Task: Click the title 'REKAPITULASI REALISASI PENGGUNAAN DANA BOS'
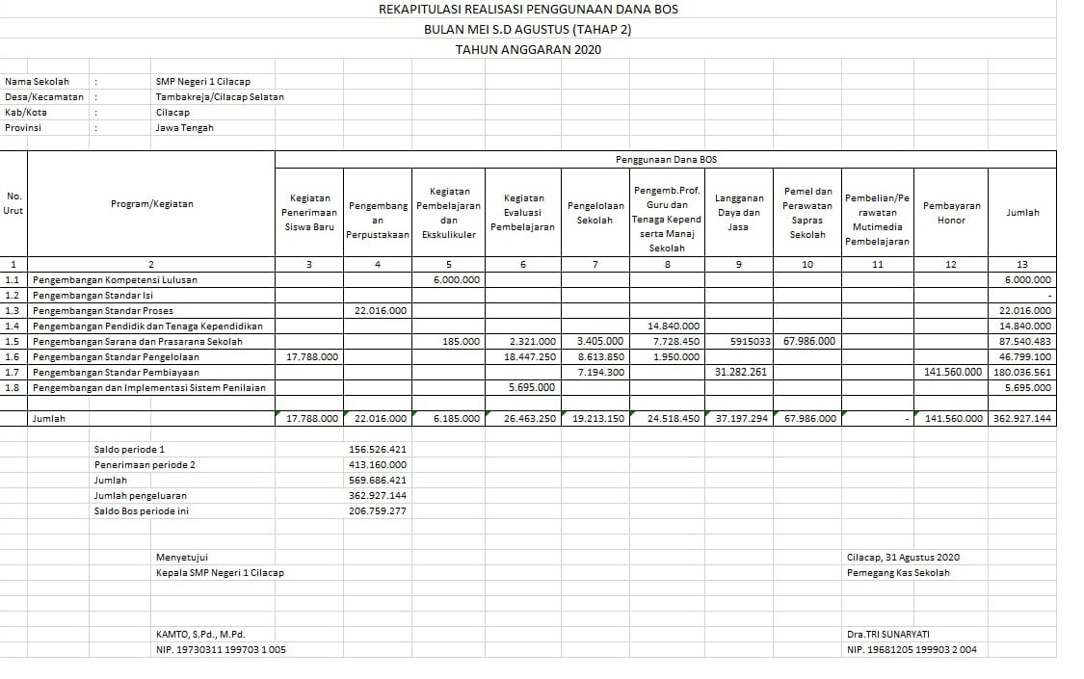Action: (x=528, y=10)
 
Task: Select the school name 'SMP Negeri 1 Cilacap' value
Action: (x=202, y=82)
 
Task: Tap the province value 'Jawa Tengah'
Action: (x=185, y=128)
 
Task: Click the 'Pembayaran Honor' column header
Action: (x=951, y=213)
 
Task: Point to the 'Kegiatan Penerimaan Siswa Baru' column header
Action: (x=309, y=213)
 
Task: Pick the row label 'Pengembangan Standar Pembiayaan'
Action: (x=116, y=372)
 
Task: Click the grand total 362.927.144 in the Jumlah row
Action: (x=1022, y=419)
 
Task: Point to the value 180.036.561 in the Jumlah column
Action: (x=1022, y=372)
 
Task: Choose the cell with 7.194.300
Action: (x=600, y=372)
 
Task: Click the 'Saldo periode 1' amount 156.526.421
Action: (x=378, y=450)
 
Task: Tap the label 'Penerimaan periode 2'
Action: (x=145, y=465)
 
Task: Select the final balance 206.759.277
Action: (x=378, y=511)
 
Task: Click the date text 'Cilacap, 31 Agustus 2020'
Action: (x=903, y=558)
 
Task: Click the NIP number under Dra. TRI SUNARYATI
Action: (x=912, y=650)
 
